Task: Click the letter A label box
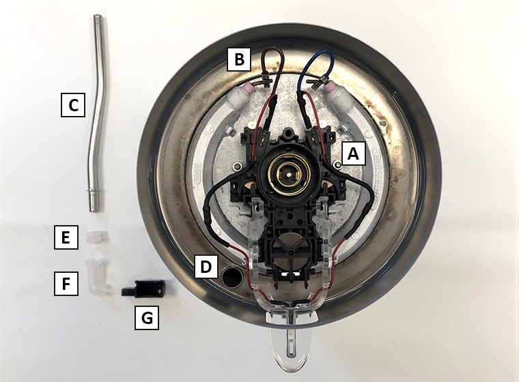[x=354, y=153]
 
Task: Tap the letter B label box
[x=238, y=59]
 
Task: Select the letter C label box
[x=73, y=105]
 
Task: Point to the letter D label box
[x=206, y=266]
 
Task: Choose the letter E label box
[x=66, y=237]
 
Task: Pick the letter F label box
[x=66, y=284]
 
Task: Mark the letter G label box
[x=147, y=318]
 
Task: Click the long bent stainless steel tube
[x=94, y=113]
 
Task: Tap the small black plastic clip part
[x=143, y=289]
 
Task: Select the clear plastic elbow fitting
[x=96, y=274]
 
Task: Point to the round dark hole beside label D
[x=232, y=277]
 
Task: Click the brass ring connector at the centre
[x=290, y=174]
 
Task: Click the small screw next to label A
[x=337, y=164]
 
